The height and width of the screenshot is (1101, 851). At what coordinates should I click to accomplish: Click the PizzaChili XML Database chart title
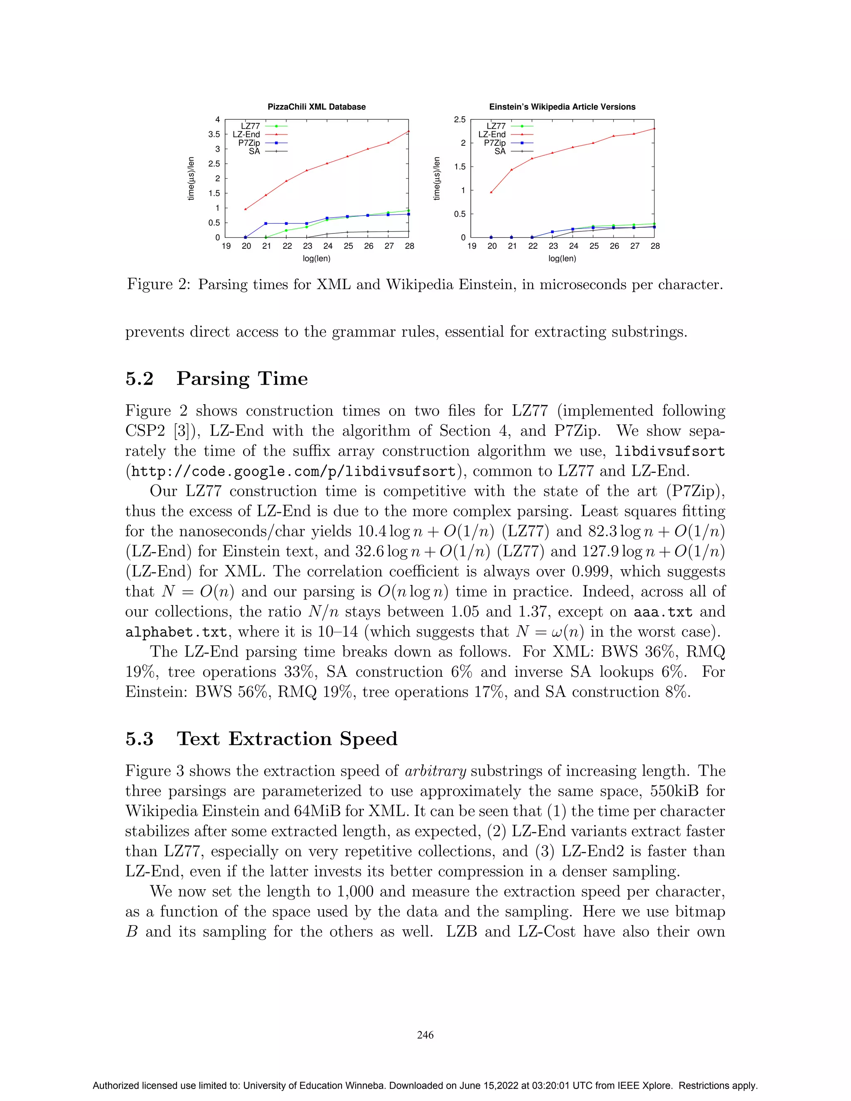[316, 107]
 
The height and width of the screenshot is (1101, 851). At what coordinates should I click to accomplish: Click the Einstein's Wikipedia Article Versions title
[562, 107]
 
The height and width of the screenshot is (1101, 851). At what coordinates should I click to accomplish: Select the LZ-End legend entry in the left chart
[246, 135]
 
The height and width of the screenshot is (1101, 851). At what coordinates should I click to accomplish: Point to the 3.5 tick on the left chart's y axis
[214, 135]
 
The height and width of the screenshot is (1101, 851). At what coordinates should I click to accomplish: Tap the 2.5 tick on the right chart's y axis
[459, 120]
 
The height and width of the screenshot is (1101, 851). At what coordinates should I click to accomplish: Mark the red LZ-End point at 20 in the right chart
[492, 192]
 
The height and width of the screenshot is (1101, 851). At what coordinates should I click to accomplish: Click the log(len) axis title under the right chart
[562, 258]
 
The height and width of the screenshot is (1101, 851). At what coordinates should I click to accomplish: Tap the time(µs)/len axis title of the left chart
[191, 179]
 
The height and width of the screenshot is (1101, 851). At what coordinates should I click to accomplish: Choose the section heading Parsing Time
[241, 378]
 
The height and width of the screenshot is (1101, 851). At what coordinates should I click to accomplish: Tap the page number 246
[425, 1035]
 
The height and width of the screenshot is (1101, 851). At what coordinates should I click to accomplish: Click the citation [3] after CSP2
[182, 431]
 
